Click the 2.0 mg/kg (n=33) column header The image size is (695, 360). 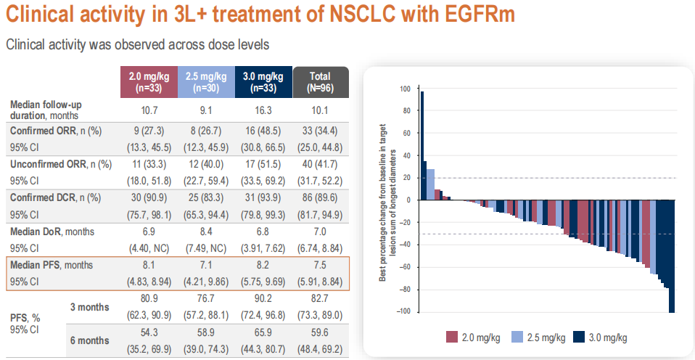pos(149,81)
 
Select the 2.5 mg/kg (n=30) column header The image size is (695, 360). pos(206,81)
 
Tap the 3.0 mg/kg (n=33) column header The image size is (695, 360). pos(263,81)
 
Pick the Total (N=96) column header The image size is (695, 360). pos(320,81)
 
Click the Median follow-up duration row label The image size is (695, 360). pos(44,110)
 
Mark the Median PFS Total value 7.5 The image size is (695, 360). pos(320,265)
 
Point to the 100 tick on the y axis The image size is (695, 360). pos(405,89)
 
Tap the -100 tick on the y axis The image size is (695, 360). pos(403,312)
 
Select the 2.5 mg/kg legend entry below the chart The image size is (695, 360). pos(536,337)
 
